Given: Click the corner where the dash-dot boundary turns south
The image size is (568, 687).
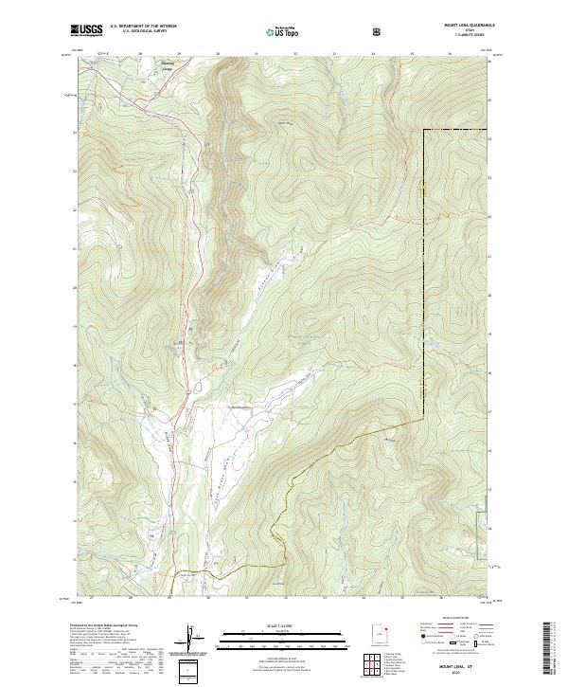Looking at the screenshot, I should click(423, 130).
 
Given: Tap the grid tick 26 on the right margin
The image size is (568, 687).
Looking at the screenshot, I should click(490, 62).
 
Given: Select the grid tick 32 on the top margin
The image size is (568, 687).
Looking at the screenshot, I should click(296, 55).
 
